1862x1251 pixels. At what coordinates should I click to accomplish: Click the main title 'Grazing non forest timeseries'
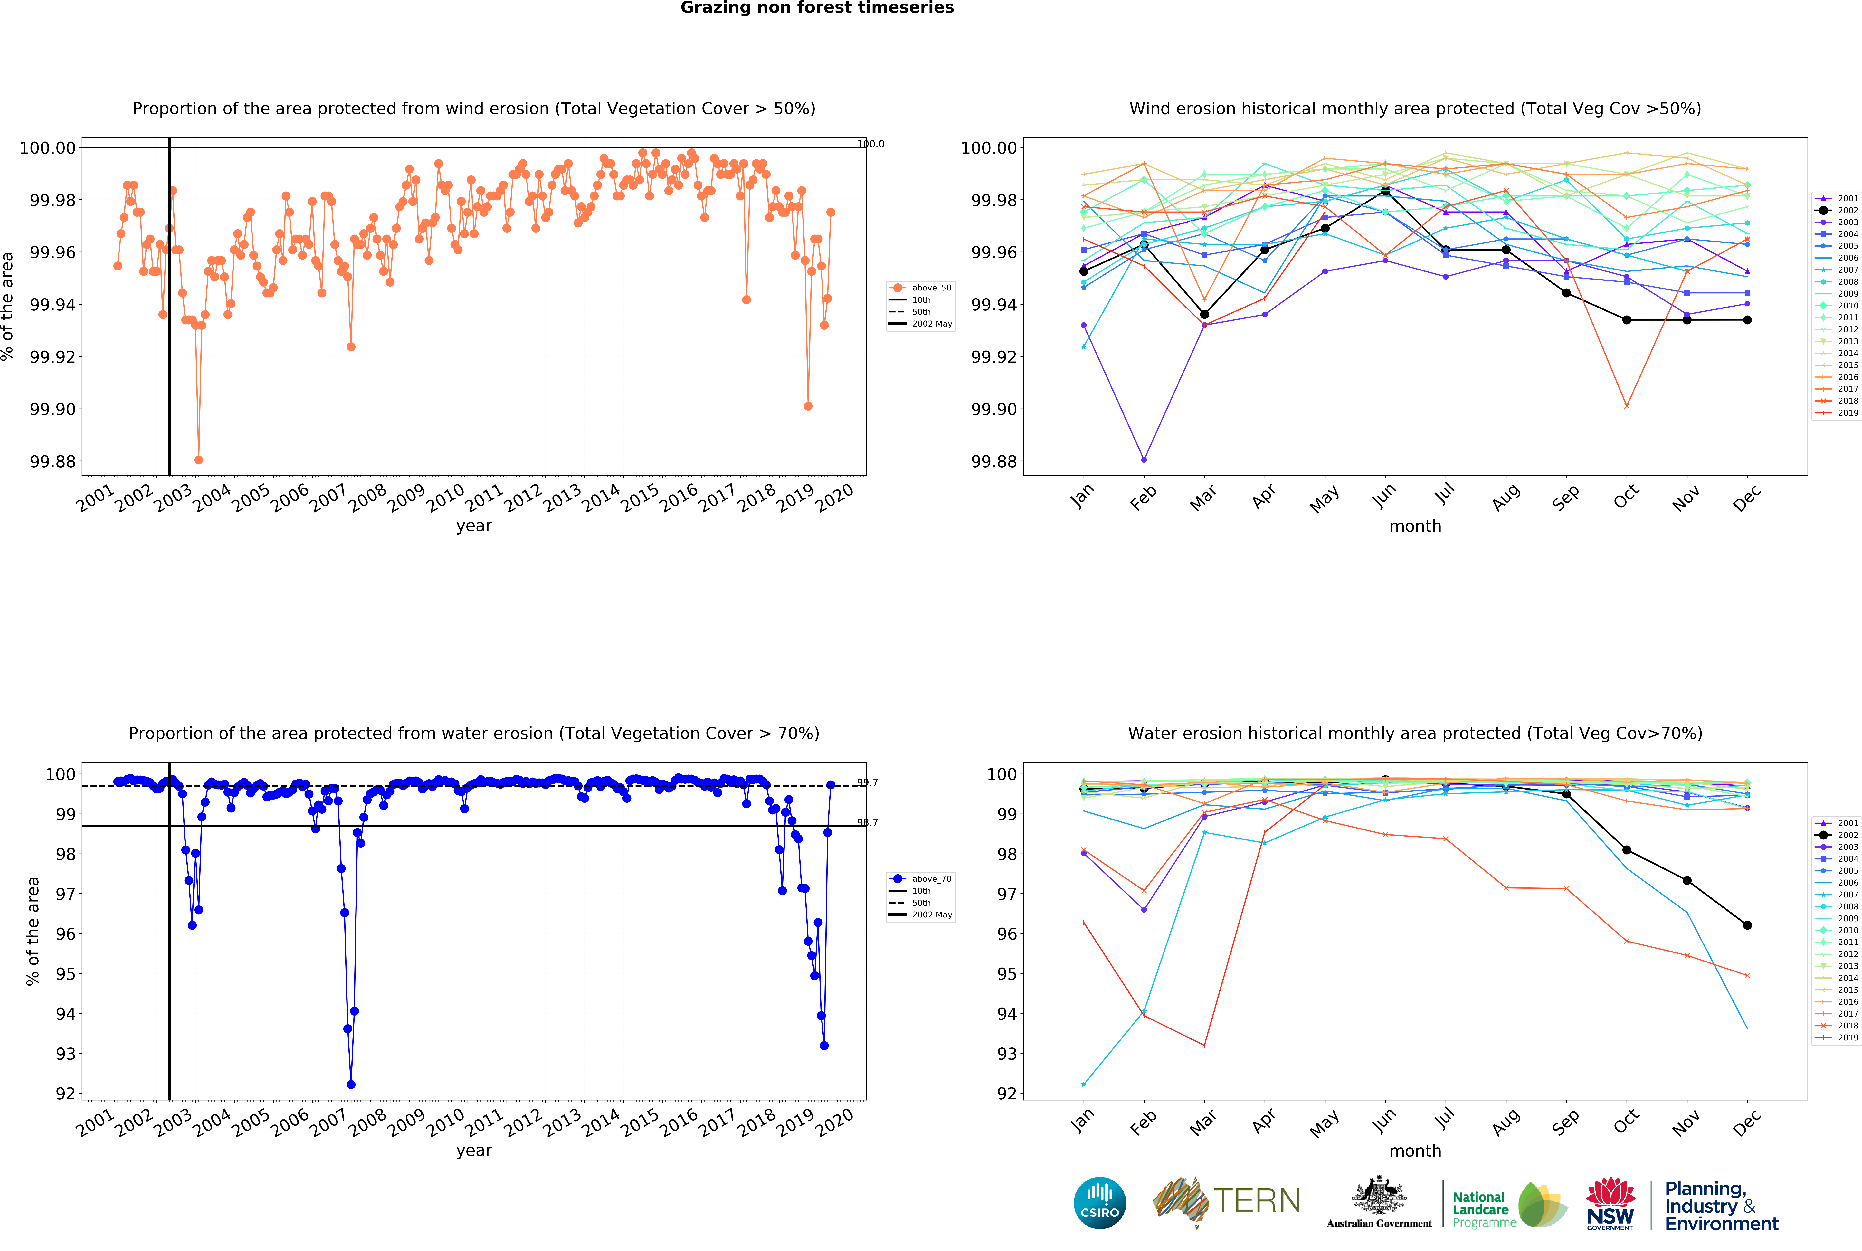pyautogui.click(x=817, y=8)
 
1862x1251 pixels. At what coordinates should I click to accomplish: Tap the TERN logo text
pyautogui.click(x=1257, y=1201)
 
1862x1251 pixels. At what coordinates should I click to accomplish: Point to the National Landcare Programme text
pyautogui.click(x=1484, y=1209)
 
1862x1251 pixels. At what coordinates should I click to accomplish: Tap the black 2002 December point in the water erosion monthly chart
pyautogui.click(x=1747, y=925)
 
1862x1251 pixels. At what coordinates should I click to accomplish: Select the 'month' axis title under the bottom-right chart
pyautogui.click(x=1414, y=1151)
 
